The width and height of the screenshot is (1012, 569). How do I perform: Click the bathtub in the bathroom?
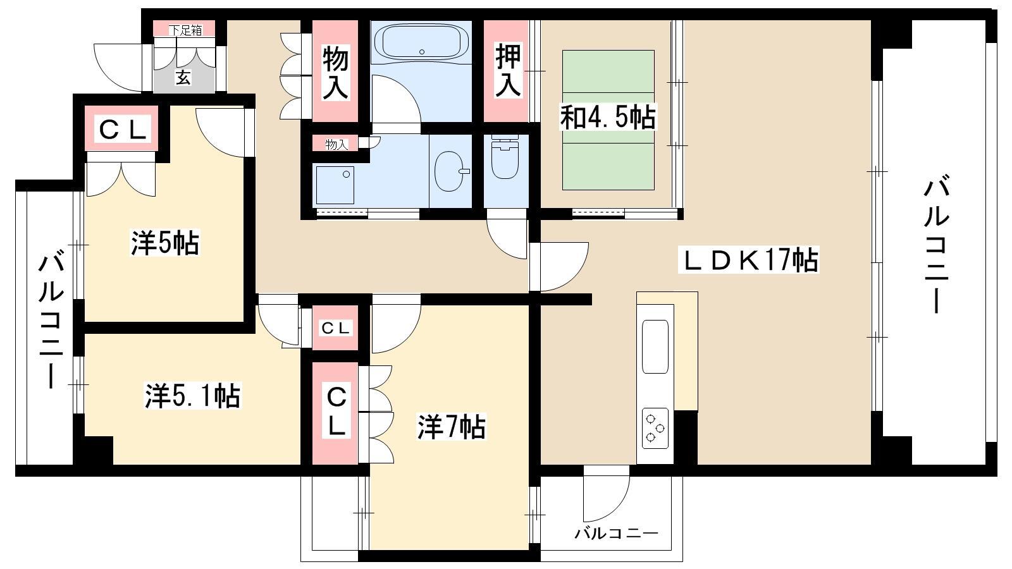point(421,42)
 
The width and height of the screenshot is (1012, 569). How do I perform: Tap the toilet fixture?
point(505,158)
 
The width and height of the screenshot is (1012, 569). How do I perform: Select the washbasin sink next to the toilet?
point(450,171)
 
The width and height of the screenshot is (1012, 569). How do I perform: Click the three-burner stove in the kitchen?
point(655,427)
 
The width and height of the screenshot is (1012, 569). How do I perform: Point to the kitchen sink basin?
point(655,347)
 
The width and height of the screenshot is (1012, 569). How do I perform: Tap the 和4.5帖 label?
point(608,117)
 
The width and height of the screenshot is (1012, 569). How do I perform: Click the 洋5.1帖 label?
point(192,396)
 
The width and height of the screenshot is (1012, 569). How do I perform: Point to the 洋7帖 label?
point(452,427)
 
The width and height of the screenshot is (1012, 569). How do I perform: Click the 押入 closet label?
point(508,70)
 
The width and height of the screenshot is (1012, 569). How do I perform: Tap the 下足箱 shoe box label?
point(185,30)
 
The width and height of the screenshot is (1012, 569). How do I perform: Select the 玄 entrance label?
point(183,78)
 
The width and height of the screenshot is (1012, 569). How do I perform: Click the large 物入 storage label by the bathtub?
point(335,73)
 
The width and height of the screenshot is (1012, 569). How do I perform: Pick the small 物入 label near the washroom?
point(336,145)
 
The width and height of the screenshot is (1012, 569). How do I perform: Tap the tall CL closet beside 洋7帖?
point(336,413)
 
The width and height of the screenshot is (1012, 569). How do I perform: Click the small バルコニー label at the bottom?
point(616,534)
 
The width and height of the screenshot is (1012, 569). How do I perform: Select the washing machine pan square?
point(335,185)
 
